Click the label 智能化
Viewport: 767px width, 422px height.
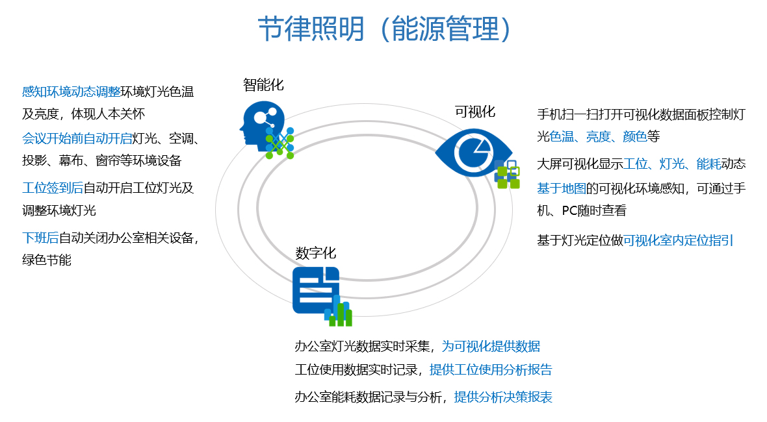(263, 84)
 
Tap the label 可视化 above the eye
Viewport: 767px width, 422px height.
(474, 112)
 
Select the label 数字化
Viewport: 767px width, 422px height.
(316, 253)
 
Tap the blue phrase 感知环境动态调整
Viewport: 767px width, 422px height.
(71, 92)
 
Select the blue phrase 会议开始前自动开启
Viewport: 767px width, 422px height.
(77, 138)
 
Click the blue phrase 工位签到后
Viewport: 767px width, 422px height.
(53, 188)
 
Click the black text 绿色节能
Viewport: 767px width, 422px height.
(46, 260)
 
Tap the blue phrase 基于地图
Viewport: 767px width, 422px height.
(561, 188)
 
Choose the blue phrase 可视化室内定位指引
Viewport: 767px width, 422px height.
(678, 240)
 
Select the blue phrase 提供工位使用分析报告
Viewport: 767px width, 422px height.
(491, 370)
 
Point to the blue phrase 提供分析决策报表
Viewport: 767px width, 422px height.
(503, 397)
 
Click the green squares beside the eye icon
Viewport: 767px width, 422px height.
(508, 177)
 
